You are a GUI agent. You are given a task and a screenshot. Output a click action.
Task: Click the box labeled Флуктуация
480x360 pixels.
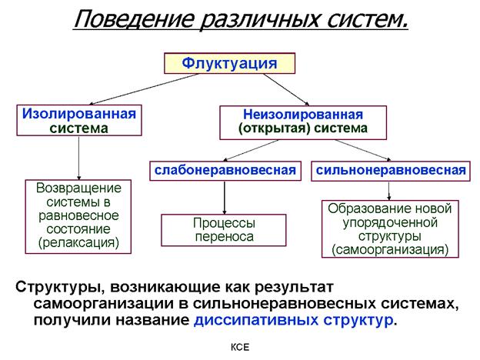coord(229,63)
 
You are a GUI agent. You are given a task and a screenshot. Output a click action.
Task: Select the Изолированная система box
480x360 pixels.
coord(80,121)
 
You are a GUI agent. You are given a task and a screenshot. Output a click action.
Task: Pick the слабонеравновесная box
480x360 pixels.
coord(225,169)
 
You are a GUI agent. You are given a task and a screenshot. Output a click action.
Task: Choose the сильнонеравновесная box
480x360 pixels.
coord(391,169)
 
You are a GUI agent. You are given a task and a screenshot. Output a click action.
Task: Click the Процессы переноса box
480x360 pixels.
coord(223,230)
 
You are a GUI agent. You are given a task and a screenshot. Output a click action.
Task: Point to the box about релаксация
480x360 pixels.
coord(78,216)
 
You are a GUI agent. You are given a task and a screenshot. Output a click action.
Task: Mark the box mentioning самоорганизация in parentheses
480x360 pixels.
coord(390,228)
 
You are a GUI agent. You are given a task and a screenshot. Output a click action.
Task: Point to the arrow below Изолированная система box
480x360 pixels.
coord(79,158)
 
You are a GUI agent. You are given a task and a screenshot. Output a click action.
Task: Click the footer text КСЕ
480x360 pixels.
coord(241,348)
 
